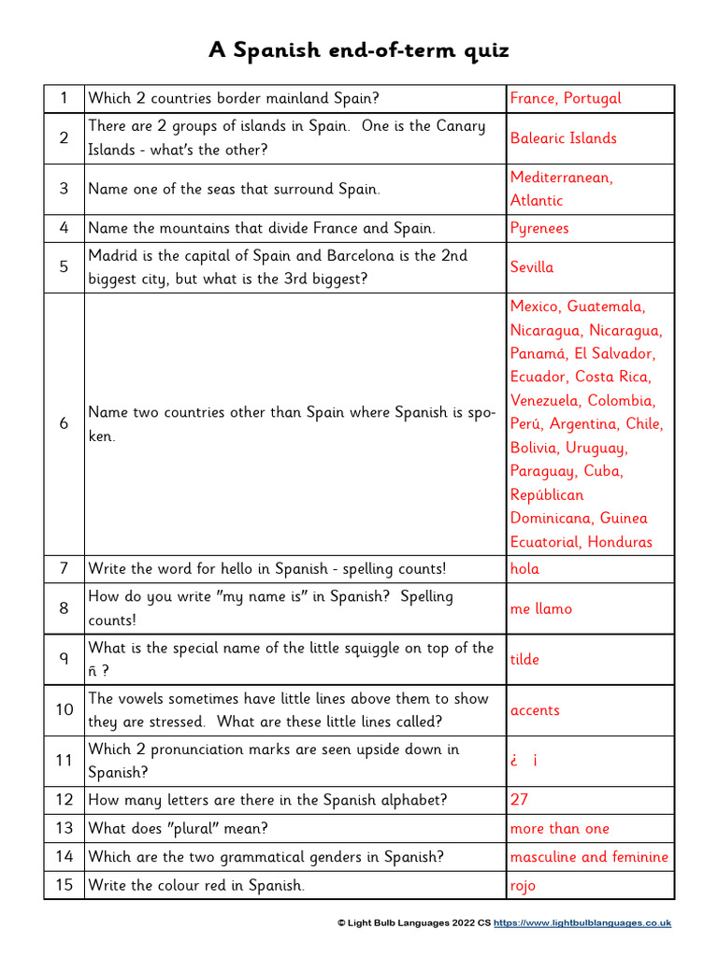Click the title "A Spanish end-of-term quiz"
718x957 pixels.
click(x=359, y=50)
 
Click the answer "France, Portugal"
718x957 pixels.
click(x=565, y=98)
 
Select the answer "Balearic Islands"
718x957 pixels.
click(x=563, y=138)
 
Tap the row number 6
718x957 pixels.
click(x=64, y=423)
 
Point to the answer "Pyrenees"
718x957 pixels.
click(x=538, y=228)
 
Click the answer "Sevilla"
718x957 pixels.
click(x=531, y=267)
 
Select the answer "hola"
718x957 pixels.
click(x=524, y=568)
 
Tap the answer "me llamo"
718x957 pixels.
click(x=540, y=608)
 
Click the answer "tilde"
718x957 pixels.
click(x=524, y=659)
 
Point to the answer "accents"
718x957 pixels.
click(x=535, y=710)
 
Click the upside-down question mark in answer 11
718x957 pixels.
click(x=514, y=761)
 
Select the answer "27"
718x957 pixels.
click(x=519, y=800)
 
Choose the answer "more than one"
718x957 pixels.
click(x=559, y=828)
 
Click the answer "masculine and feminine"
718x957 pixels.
click(x=589, y=856)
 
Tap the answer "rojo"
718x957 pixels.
click(x=523, y=885)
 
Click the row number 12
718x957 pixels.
click(x=64, y=800)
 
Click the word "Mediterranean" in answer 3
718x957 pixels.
click(x=561, y=178)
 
